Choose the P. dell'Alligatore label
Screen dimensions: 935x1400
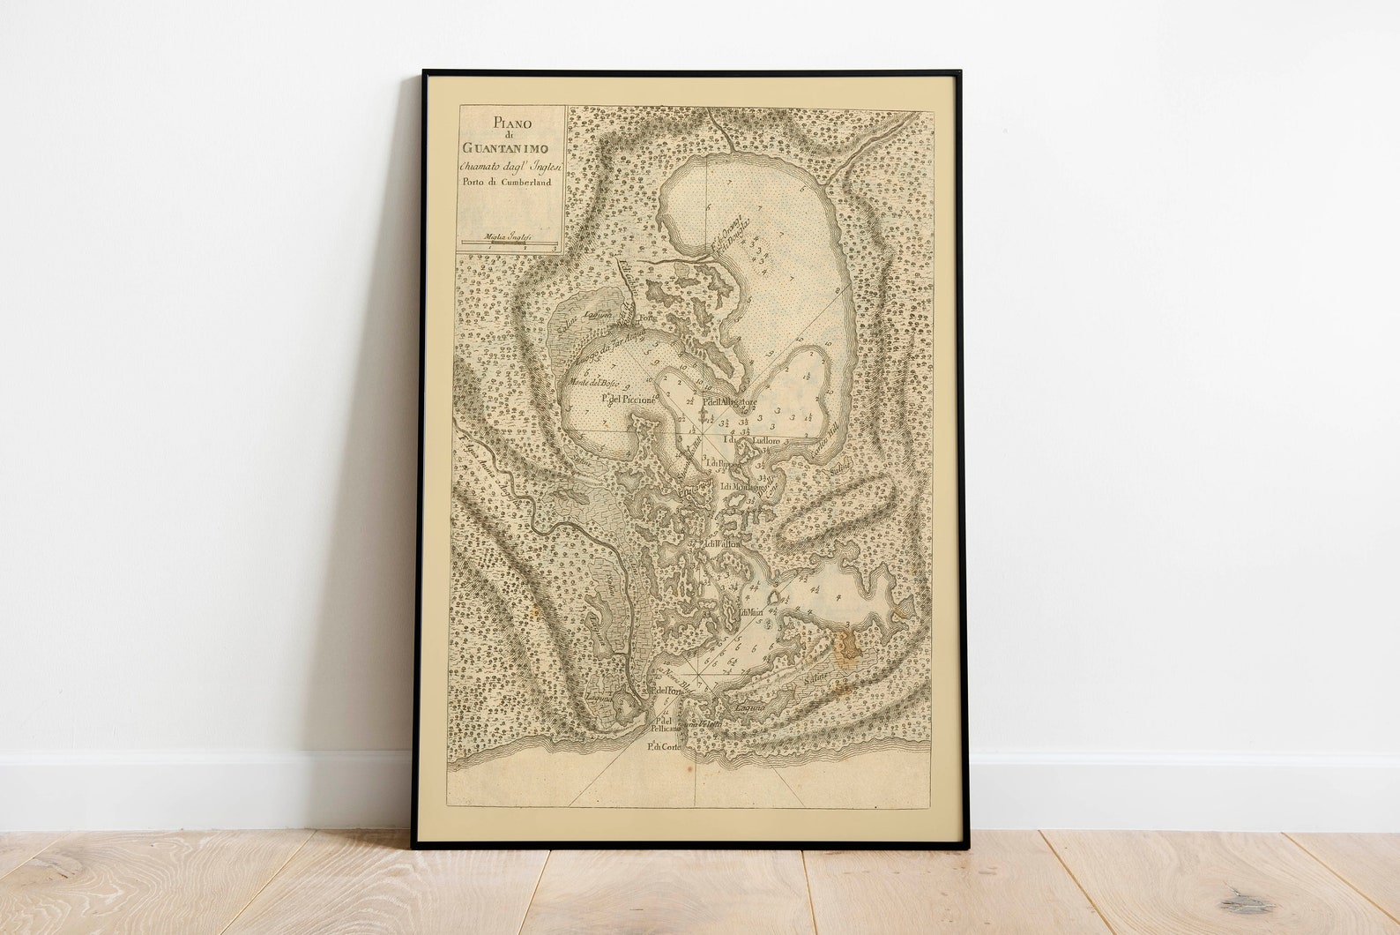coord(730,403)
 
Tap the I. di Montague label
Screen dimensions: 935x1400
coord(742,486)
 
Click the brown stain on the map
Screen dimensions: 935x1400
coord(846,647)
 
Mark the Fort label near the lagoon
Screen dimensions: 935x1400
coord(648,318)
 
